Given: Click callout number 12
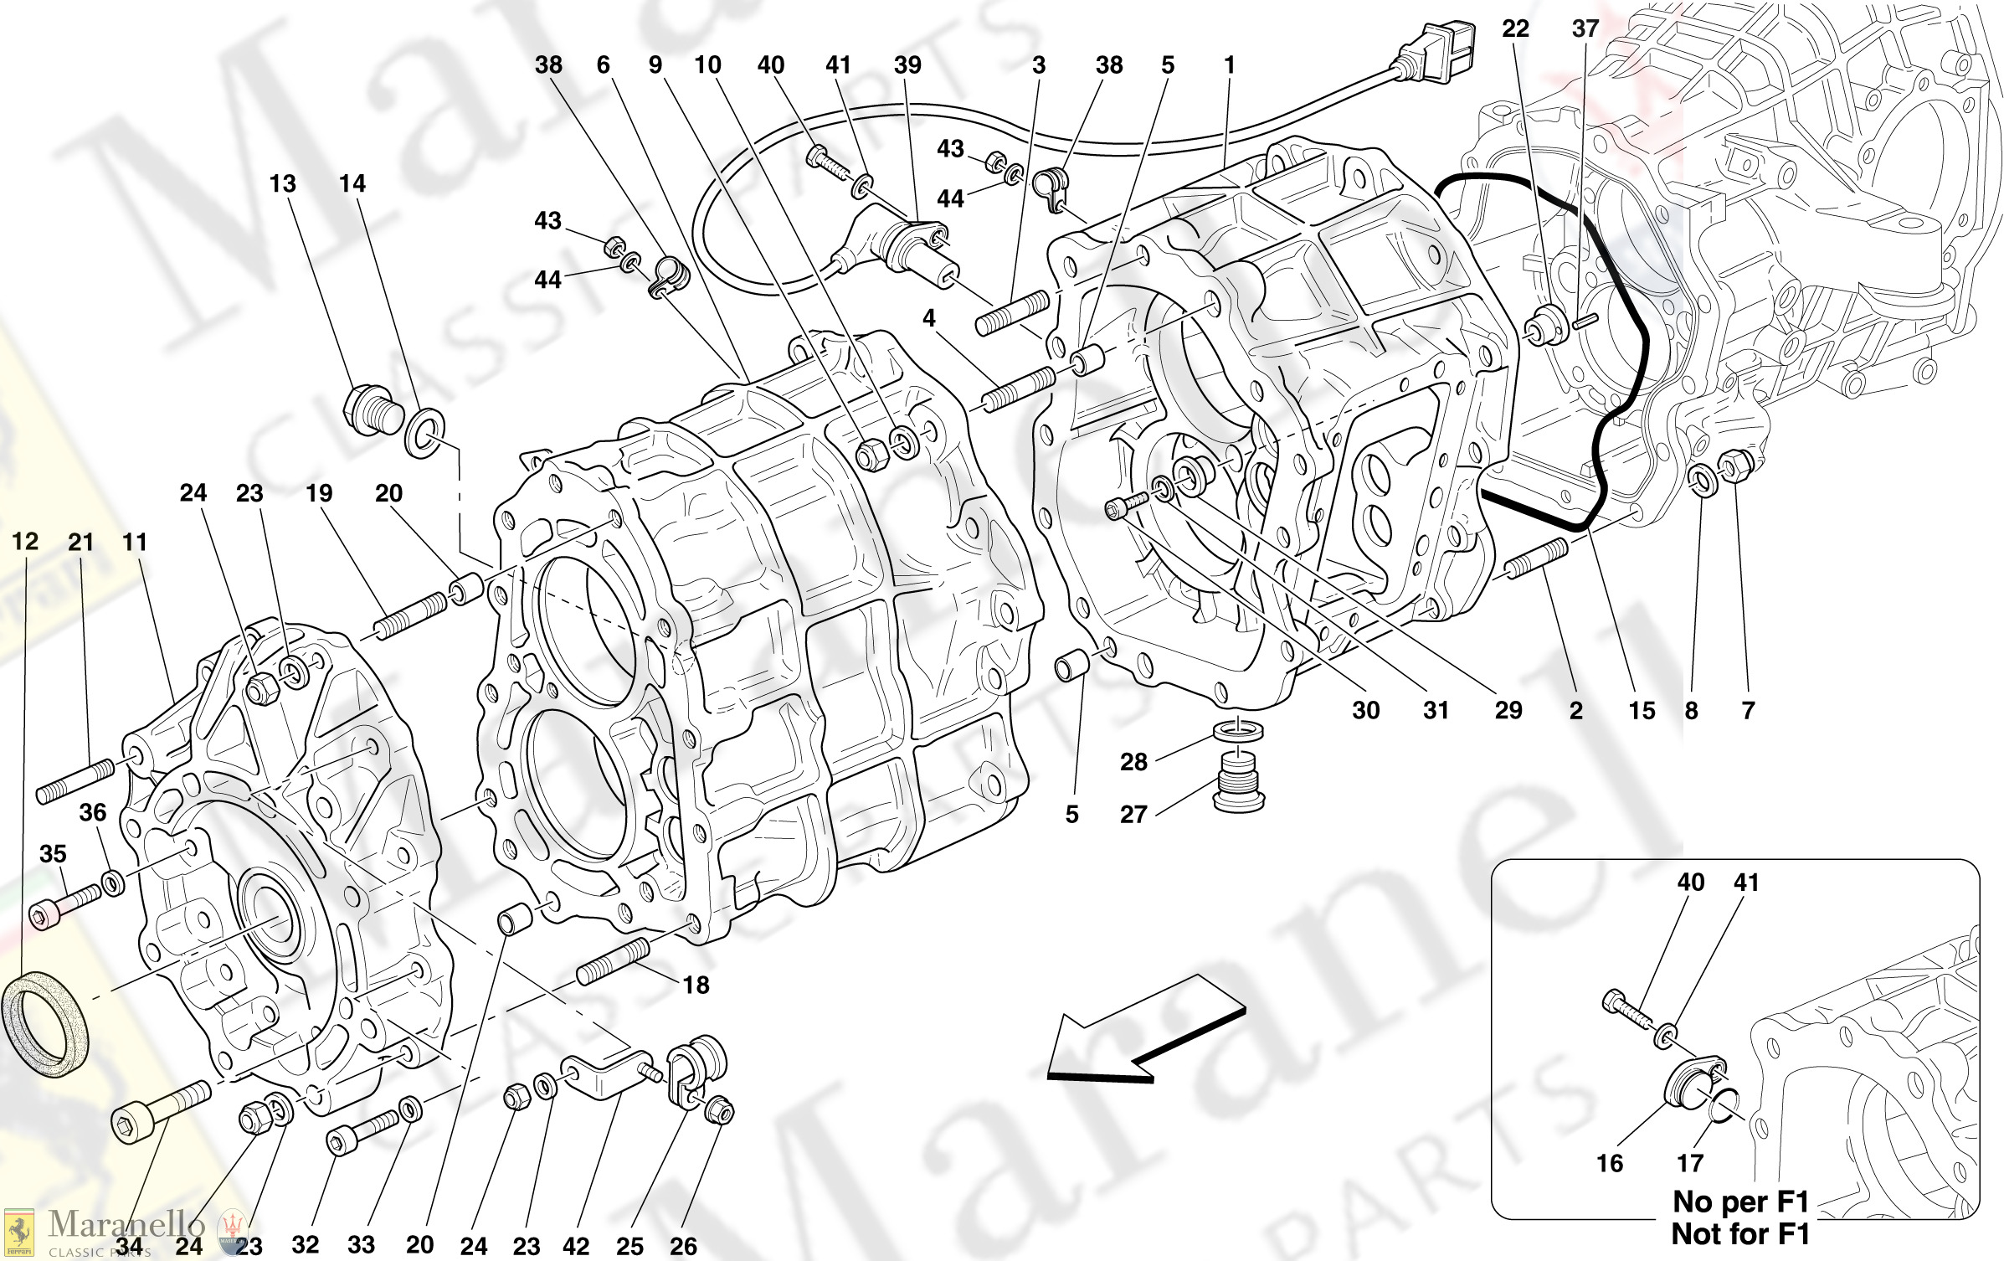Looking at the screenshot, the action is tap(25, 542).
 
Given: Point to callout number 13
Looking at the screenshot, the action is tap(282, 183).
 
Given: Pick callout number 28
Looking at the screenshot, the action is tap(1133, 762).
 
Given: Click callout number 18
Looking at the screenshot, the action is tap(696, 985).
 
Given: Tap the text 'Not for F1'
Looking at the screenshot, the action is tap(1740, 1233).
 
